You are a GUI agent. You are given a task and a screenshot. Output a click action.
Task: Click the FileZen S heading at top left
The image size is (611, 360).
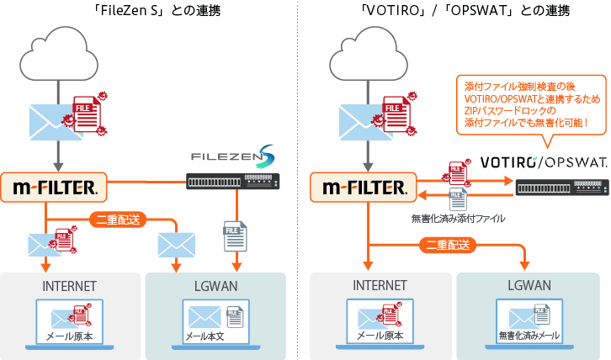(x=151, y=11)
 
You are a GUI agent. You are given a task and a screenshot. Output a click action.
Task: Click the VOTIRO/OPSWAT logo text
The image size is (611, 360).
(x=543, y=161)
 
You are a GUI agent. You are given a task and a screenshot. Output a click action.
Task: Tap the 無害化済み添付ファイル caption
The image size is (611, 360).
(x=458, y=219)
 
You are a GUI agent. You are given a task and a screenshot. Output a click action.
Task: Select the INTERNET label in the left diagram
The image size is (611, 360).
(x=69, y=286)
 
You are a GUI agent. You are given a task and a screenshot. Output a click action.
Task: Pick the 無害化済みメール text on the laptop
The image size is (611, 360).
(x=529, y=336)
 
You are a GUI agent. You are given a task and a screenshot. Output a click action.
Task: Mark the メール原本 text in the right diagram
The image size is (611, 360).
(x=380, y=336)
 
